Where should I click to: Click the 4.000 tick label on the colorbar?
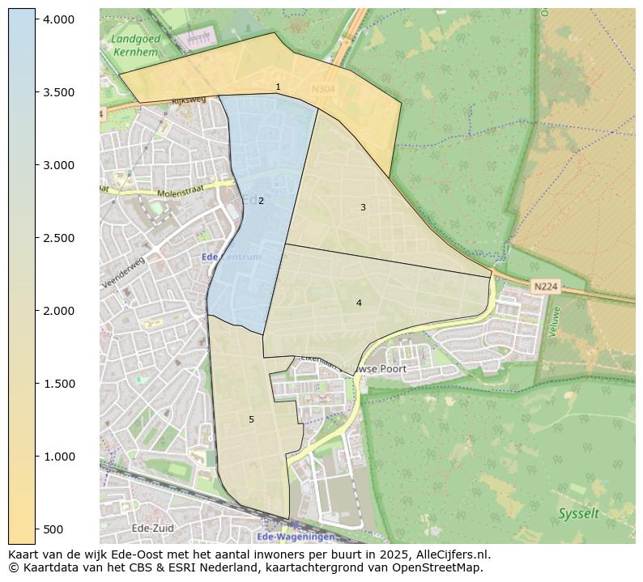pos(59,19)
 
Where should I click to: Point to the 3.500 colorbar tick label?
pos(59,92)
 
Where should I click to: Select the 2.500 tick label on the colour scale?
pos(59,238)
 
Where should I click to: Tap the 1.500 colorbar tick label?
pos(59,384)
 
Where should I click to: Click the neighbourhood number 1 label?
pos(278,87)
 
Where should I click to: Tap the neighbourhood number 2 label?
pos(261,201)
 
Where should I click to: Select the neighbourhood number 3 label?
pos(363,208)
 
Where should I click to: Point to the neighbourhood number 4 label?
pos(359,303)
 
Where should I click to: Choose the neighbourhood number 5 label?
pos(251,419)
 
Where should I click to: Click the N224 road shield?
pos(545,287)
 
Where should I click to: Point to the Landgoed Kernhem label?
pos(136,45)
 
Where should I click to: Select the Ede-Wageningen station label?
pos(295,537)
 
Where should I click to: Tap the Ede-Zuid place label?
pos(151,528)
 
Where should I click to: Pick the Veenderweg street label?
pos(122,272)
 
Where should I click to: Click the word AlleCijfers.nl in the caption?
pos(449,554)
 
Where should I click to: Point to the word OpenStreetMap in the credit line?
pos(439,567)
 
